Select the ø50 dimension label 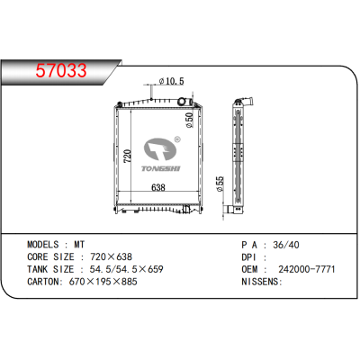189,119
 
